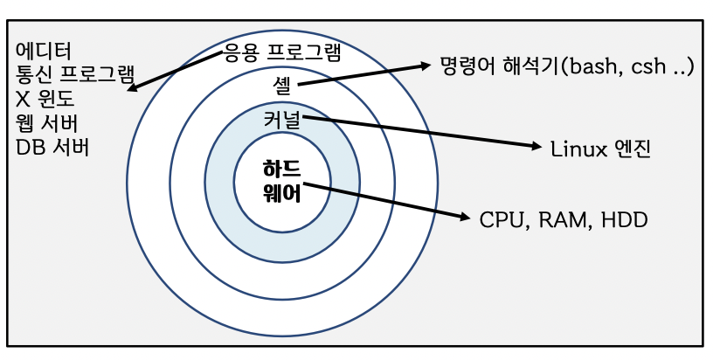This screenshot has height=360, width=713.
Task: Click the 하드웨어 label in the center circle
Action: coord(281,181)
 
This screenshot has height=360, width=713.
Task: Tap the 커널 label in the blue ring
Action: coord(281,119)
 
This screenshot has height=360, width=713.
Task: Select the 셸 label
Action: coord(280,84)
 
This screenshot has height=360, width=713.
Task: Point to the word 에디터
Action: coord(44,49)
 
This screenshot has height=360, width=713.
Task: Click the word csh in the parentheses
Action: coord(653,66)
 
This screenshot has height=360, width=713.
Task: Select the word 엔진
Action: coord(632,149)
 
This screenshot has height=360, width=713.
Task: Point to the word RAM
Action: coord(561,219)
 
